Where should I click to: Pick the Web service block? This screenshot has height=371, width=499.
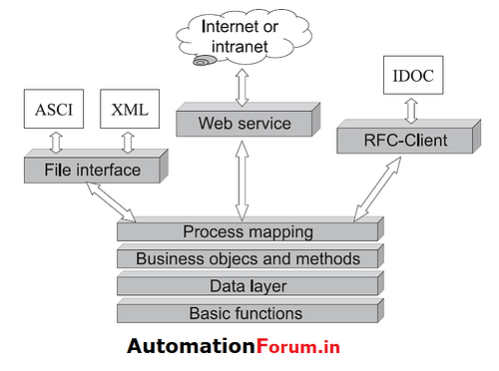[244, 124]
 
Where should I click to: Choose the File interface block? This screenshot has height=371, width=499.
[91, 171]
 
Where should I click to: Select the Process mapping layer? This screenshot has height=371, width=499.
[247, 232]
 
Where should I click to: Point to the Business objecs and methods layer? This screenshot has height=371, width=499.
[247, 259]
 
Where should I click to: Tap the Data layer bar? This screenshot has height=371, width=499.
[247, 286]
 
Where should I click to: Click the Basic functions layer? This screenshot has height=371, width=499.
[247, 313]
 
